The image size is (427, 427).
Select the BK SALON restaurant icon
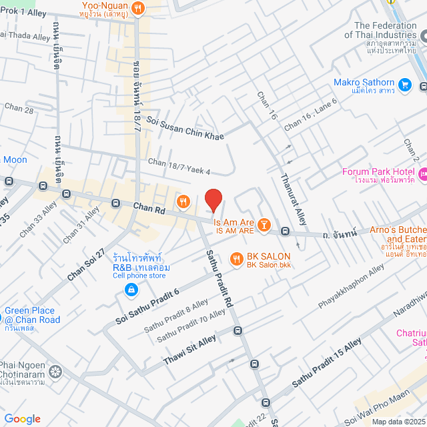tap(236, 258)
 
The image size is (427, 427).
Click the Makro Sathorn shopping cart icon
tap(404, 85)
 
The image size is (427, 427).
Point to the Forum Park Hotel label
tap(378, 171)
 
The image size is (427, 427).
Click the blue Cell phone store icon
tap(131, 290)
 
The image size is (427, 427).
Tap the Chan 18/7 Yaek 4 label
tap(179, 167)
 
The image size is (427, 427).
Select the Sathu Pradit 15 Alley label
tap(327, 364)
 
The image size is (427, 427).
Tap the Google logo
tap(22, 418)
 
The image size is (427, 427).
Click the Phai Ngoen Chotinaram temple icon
tap(55, 371)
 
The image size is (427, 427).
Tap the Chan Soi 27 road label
tap(87, 266)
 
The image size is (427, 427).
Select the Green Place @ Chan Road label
tap(32, 316)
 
